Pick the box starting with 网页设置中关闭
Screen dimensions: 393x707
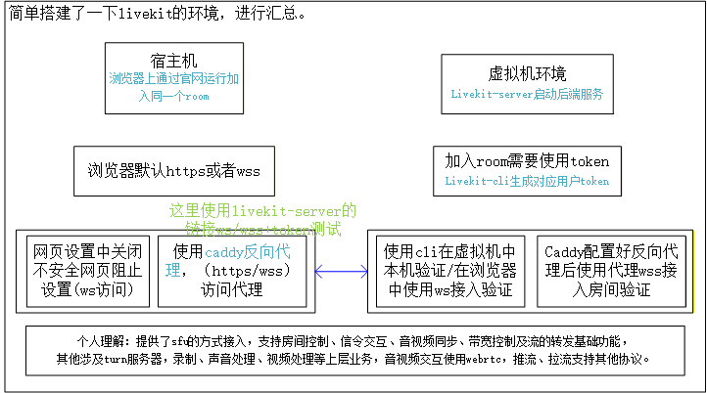click(x=89, y=269)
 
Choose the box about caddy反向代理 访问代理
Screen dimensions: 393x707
click(x=232, y=269)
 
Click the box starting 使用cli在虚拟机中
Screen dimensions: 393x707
click(x=450, y=269)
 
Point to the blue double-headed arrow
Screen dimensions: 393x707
click(x=340, y=270)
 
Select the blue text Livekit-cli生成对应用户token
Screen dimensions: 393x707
click(x=527, y=181)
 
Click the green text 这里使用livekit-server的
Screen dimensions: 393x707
click(x=262, y=210)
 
